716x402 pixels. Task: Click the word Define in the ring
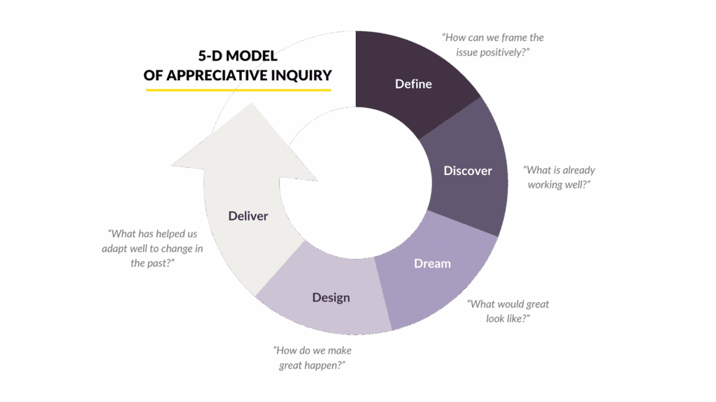[x=413, y=84]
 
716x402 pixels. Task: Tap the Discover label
[x=468, y=170]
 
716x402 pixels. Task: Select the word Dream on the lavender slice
[x=432, y=263]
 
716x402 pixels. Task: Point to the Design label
[x=331, y=297]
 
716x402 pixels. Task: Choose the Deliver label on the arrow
[x=248, y=216]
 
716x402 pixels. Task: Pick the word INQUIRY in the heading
[x=301, y=75]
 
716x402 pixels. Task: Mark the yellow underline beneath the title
[x=238, y=89]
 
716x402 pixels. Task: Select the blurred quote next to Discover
[x=559, y=177]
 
